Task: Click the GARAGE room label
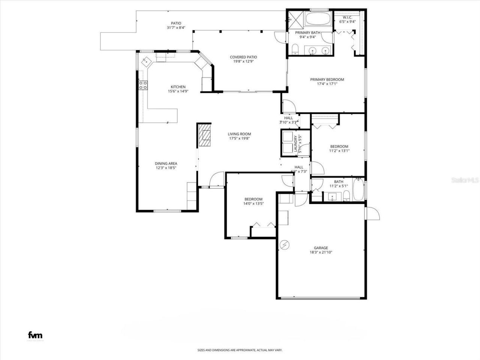(321, 248)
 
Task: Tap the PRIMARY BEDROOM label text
(327, 79)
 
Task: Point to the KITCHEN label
(178, 87)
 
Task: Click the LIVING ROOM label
(239, 134)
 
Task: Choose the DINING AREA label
(166, 163)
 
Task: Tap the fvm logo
(35, 335)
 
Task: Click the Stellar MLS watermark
(465, 180)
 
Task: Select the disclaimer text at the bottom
(240, 350)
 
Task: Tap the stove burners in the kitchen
(143, 85)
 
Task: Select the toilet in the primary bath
(295, 49)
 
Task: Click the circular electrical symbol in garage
(285, 244)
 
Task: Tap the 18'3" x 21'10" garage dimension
(321, 252)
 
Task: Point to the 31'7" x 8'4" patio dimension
(176, 28)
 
